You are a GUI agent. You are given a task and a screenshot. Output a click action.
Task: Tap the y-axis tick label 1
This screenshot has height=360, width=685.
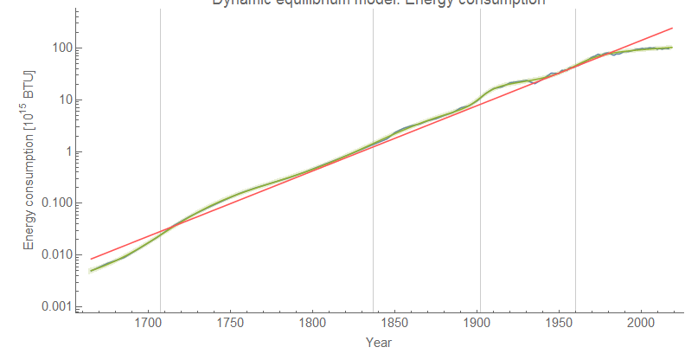(x=66, y=151)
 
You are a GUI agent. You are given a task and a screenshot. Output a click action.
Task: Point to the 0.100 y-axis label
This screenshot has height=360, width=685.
(x=54, y=203)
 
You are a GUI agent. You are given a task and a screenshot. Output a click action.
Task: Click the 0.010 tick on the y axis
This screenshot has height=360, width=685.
(x=54, y=255)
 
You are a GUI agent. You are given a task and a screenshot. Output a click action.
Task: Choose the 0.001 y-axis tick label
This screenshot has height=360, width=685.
(x=54, y=307)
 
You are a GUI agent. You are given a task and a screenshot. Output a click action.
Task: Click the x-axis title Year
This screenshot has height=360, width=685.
(x=378, y=343)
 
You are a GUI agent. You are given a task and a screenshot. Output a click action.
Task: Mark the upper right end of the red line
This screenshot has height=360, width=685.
(x=672, y=29)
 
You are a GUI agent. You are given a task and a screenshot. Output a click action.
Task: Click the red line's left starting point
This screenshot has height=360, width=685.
(x=91, y=259)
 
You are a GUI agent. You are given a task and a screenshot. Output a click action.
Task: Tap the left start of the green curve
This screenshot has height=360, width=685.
(x=91, y=271)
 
